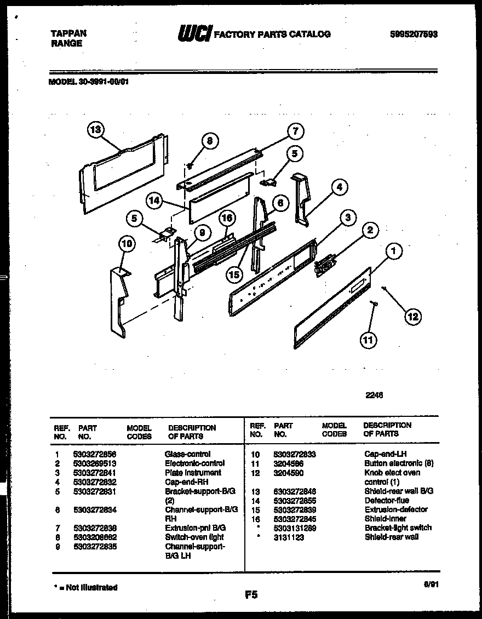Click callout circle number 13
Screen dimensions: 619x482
point(95,130)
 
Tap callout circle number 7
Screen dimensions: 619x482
point(295,131)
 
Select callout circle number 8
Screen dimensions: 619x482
point(209,141)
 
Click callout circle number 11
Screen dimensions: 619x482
point(368,340)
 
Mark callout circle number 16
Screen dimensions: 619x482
point(227,218)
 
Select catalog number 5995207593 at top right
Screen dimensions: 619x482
point(415,34)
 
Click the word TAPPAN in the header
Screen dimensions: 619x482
point(68,33)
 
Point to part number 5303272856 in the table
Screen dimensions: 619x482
point(94,454)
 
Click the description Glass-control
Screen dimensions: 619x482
point(187,454)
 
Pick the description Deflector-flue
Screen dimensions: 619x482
point(387,500)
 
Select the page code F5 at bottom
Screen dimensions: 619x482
point(251,594)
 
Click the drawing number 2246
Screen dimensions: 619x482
point(374,394)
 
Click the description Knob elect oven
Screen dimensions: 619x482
point(392,472)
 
